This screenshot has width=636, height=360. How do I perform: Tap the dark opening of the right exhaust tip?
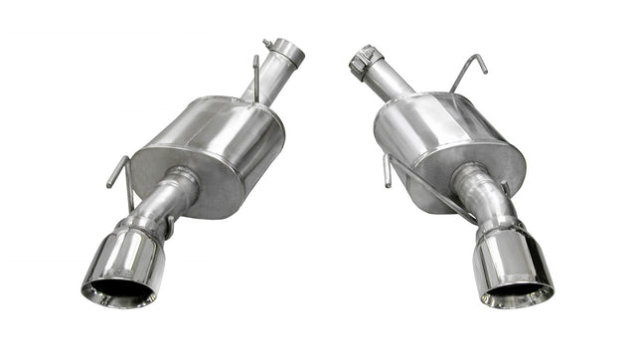click(x=515, y=293)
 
